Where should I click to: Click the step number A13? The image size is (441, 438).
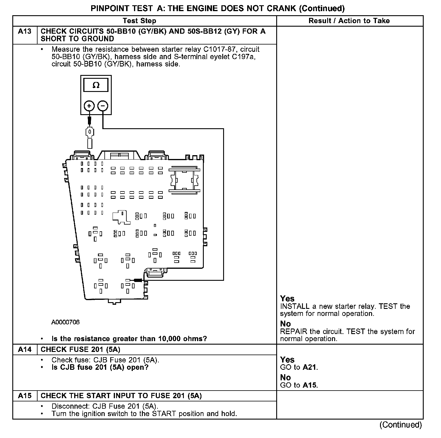25,31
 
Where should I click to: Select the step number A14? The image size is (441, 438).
25,349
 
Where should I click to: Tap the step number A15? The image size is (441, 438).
25,396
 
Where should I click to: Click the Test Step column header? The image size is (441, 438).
139,21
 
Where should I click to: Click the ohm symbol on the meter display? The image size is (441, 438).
96,85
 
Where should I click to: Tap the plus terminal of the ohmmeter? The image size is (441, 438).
89,106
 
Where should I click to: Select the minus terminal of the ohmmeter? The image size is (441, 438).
103,106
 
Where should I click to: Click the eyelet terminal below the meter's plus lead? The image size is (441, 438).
89,134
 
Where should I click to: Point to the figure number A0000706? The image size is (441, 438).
65,322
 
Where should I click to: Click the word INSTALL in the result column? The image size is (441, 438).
295,307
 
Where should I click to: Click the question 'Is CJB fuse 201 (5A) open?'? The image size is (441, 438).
100,367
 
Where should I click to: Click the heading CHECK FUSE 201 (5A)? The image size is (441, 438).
80,349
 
